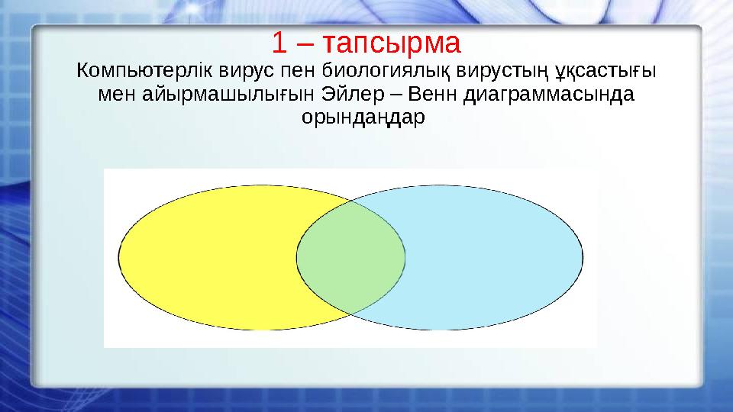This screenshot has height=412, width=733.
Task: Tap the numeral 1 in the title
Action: tap(279, 43)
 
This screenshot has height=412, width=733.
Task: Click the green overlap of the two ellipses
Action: tap(350, 257)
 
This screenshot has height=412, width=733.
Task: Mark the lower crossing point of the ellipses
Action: tap(350, 314)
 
